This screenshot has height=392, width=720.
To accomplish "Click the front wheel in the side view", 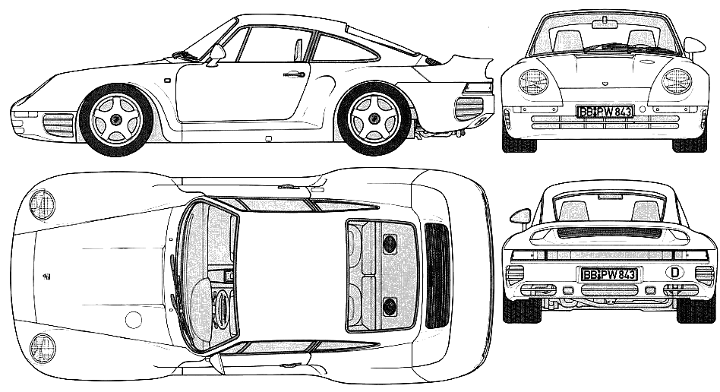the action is pos(115,119).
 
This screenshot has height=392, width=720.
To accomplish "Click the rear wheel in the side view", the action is pos(374,119).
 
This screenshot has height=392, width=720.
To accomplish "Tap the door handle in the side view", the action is pos(295,74).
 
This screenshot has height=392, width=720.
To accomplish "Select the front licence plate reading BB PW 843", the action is pos(605,112).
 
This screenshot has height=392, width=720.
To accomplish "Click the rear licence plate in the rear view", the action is pos(609,274).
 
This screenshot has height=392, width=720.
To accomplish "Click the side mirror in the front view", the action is pos(694,45).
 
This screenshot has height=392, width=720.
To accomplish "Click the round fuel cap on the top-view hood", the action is pos(134,319).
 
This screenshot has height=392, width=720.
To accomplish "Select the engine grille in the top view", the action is pos(437,276).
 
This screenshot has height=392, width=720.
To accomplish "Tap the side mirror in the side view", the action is pos(216,53).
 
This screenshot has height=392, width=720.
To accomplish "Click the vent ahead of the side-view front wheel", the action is pos(58,125).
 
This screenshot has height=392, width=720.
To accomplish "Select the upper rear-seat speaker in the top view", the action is pos(390,244).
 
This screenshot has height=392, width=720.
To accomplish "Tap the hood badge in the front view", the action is pos(604,83).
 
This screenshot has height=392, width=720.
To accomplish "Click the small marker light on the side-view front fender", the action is pos(167,80).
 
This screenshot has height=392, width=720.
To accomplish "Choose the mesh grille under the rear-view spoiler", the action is pos(609,232).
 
